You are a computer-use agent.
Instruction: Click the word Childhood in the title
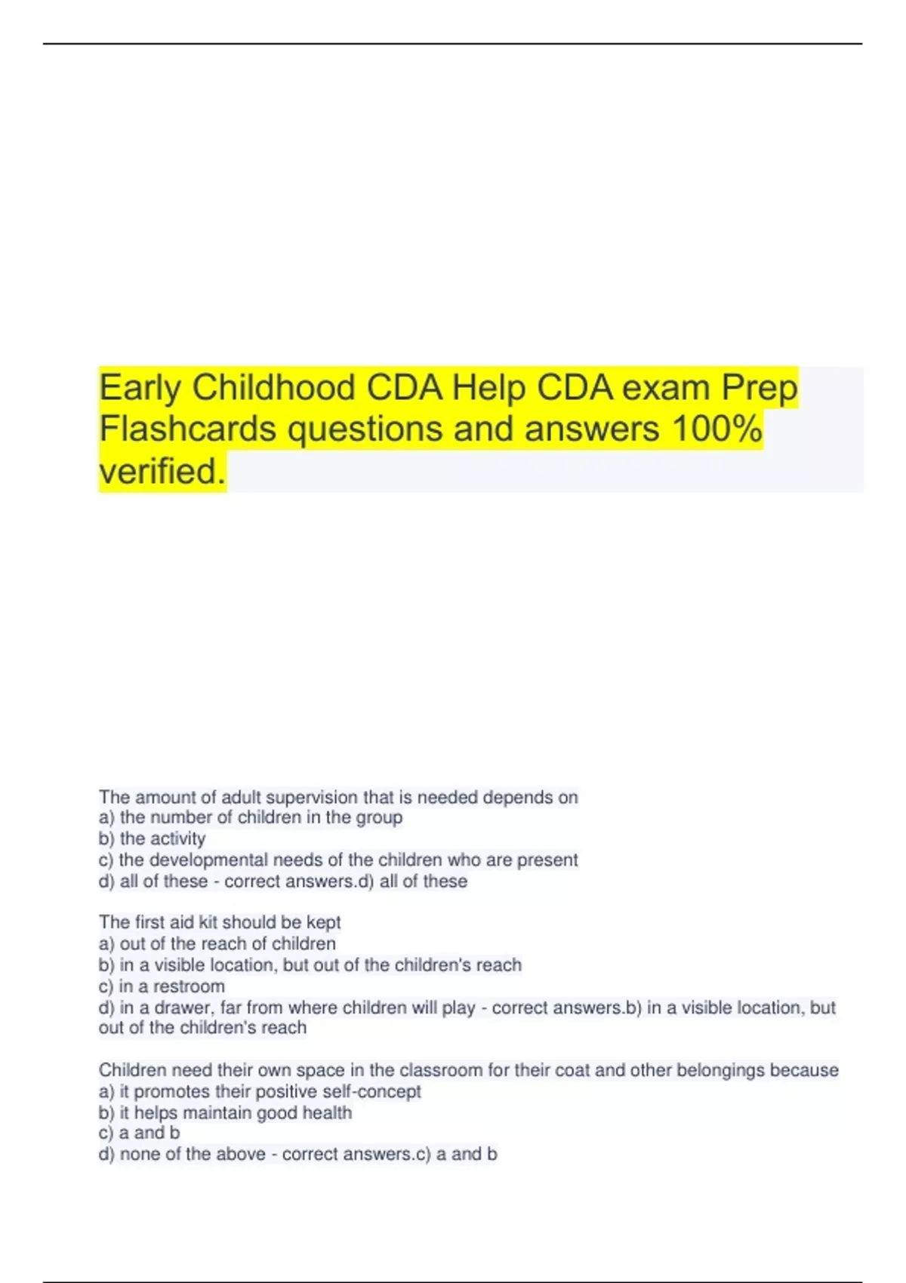(273, 388)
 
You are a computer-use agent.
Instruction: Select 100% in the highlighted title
(716, 429)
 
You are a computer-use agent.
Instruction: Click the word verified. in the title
(162, 471)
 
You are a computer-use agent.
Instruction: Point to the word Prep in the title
(759, 388)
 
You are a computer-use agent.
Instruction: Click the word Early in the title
(140, 388)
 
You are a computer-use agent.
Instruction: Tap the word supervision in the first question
(312, 798)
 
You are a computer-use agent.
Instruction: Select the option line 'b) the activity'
(152, 838)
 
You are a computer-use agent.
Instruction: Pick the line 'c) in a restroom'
(162, 986)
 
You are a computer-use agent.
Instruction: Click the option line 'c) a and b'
(139, 1133)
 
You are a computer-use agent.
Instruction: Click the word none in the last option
(137, 1154)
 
